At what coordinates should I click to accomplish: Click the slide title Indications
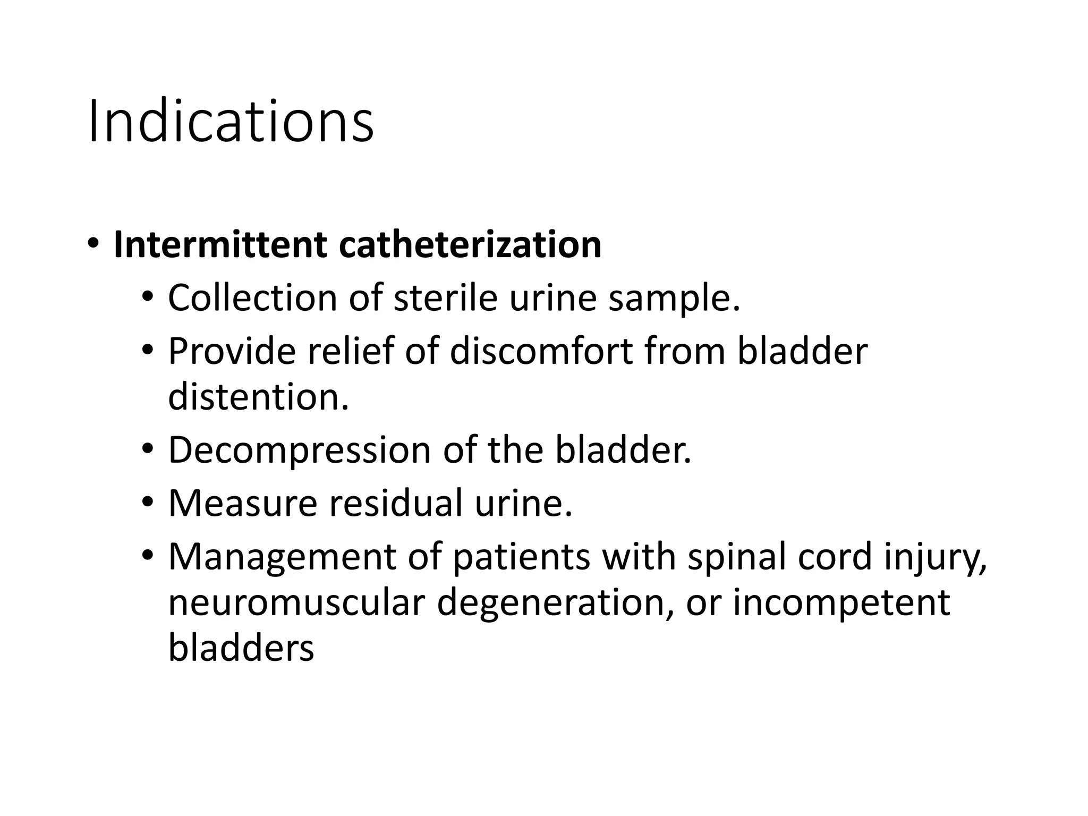click(x=231, y=122)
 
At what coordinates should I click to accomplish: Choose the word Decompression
click(x=300, y=450)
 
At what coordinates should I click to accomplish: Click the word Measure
click(x=242, y=503)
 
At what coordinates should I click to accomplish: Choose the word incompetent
click(x=841, y=603)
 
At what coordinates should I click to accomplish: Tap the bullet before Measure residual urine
click(x=147, y=501)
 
